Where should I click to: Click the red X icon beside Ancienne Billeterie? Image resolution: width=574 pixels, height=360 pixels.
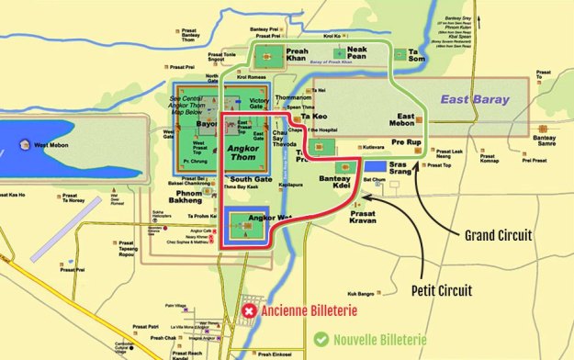[x=249, y=312]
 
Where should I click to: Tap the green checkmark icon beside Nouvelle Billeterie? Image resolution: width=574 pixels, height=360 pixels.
[x=321, y=339]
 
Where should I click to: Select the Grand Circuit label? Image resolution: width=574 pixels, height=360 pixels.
[x=501, y=235]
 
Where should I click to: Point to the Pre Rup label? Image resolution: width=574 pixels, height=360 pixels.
[x=406, y=143]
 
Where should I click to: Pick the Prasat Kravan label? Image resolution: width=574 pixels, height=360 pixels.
[x=365, y=217]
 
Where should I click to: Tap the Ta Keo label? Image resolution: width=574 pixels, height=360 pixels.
[x=314, y=117]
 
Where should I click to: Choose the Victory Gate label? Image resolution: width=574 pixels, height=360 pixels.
[x=261, y=99]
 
